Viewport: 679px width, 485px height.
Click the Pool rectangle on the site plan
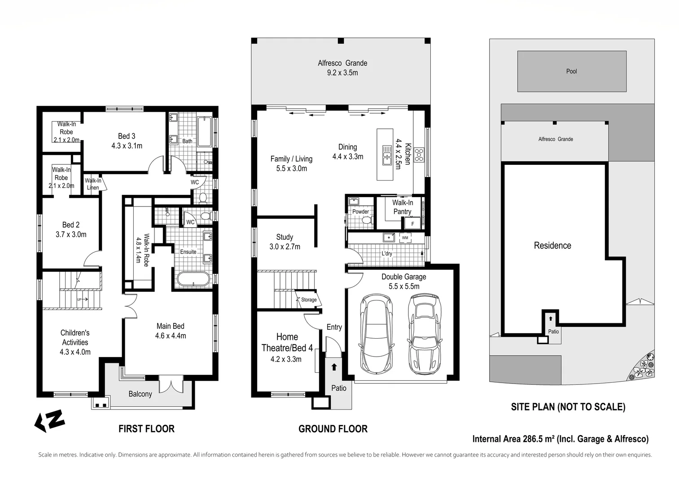coord(571,71)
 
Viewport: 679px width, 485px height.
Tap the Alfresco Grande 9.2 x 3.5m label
coord(342,68)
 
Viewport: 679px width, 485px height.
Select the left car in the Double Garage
coord(376,334)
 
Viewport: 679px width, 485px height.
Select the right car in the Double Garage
coord(425,334)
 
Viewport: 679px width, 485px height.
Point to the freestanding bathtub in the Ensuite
coord(193,279)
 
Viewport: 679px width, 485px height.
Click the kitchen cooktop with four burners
coord(419,155)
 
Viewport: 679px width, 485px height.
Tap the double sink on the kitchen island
coord(386,155)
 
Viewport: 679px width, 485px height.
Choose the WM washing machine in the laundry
coord(405,238)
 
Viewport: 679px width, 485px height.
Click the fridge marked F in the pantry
coord(412,223)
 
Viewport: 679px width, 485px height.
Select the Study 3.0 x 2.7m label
coord(285,242)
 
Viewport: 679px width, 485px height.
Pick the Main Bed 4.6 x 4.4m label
coord(170,331)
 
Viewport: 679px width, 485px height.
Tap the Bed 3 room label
coord(127,141)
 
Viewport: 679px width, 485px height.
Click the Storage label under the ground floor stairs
coord(308,300)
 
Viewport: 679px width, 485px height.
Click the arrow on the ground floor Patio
coord(334,367)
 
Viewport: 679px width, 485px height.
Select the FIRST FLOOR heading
coord(146,429)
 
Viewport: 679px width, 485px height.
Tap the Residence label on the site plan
coord(552,246)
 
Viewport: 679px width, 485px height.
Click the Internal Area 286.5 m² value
coord(561,439)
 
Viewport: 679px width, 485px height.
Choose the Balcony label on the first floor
coord(140,394)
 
